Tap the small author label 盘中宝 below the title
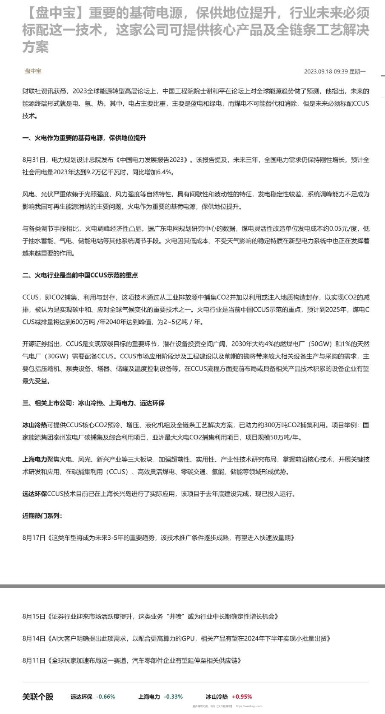(33, 71)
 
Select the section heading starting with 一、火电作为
(84, 138)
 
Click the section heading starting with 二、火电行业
(80, 275)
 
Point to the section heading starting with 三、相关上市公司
(94, 403)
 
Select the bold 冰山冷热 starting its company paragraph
(34, 425)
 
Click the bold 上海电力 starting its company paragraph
(34, 459)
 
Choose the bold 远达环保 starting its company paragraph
(34, 494)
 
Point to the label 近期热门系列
(42, 516)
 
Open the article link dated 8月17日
(158, 538)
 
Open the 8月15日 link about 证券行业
(151, 616)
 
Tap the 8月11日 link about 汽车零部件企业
(132, 660)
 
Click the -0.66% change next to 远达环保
(106, 697)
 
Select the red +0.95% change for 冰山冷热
(242, 697)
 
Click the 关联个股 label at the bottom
(38, 697)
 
